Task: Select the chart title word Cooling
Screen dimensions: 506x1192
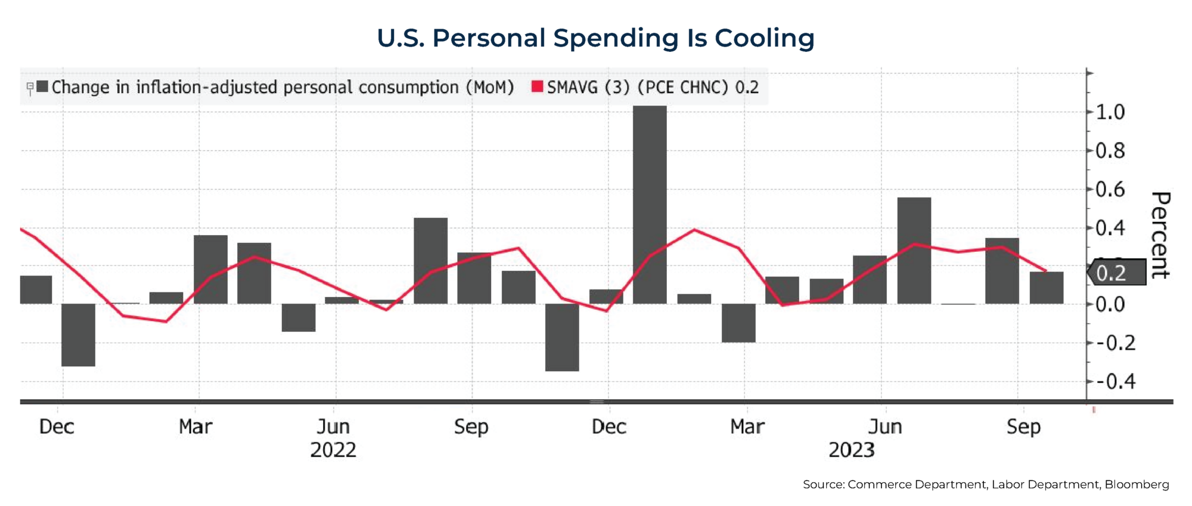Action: pyautogui.click(x=764, y=38)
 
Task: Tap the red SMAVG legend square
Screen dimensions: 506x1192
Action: pyautogui.click(x=537, y=87)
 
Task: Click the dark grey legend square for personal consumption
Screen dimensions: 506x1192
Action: pyautogui.click(x=42, y=87)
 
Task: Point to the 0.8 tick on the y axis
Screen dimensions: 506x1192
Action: pyautogui.click(x=1110, y=151)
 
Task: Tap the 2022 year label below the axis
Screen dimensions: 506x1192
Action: pyautogui.click(x=333, y=450)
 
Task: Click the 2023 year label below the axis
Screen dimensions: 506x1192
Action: pyautogui.click(x=852, y=450)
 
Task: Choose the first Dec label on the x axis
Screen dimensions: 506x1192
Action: pyautogui.click(x=57, y=427)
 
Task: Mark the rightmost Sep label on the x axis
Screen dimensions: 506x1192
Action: pyautogui.click(x=1023, y=427)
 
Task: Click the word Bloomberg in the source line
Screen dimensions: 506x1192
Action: pyautogui.click(x=1137, y=485)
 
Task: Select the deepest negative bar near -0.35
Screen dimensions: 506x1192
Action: pyautogui.click(x=562, y=337)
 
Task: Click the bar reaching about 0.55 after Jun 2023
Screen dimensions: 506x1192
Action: pyautogui.click(x=914, y=251)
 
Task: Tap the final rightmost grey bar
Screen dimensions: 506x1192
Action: pyautogui.click(x=1046, y=288)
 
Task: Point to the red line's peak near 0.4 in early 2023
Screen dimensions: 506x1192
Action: pyautogui.click(x=695, y=230)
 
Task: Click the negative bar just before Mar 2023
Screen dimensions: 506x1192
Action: pyautogui.click(x=738, y=323)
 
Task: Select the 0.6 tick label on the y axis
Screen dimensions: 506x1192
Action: pyautogui.click(x=1110, y=190)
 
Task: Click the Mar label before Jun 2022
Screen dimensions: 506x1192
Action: pyautogui.click(x=195, y=427)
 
